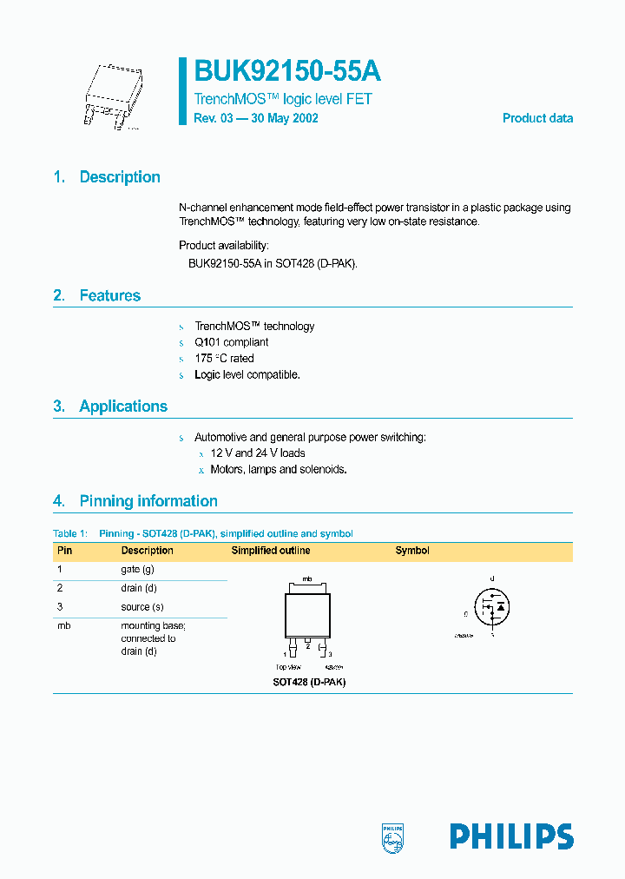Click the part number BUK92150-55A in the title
(x=287, y=71)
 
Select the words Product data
(x=537, y=118)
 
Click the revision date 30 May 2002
(x=280, y=118)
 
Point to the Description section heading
(x=119, y=177)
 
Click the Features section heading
(x=109, y=296)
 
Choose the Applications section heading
(x=123, y=406)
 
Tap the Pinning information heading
(x=148, y=501)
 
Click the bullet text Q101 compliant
(x=232, y=342)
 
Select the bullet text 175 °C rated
(x=224, y=359)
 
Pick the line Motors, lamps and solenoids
(x=279, y=470)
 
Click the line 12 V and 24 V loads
(x=258, y=453)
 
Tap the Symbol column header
(x=412, y=551)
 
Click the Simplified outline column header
(x=270, y=551)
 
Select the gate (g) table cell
(x=137, y=570)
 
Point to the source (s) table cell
(x=142, y=607)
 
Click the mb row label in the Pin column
(x=63, y=626)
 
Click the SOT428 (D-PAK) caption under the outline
(x=309, y=682)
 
